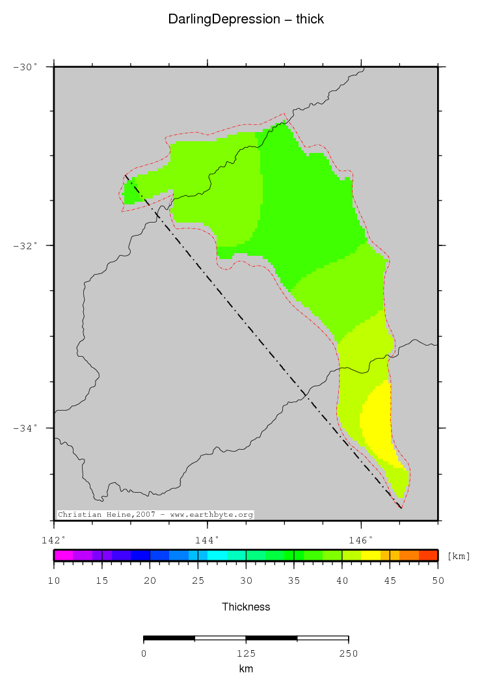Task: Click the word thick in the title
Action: pyautogui.click(x=310, y=20)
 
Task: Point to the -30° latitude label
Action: pyautogui.click(x=27, y=66)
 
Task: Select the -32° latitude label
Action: pyautogui.click(x=27, y=245)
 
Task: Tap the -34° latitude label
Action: pyautogui.click(x=27, y=428)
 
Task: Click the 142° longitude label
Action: pyautogui.click(x=53, y=540)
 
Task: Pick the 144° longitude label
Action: pyautogui.click(x=208, y=540)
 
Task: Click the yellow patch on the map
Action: pyautogui.click(x=375, y=420)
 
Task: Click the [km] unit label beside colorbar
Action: pyautogui.click(x=459, y=556)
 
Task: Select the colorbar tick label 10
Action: pyautogui.click(x=54, y=581)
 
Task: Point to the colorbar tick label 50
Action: pyautogui.click(x=437, y=581)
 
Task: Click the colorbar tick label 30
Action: pyautogui.click(x=246, y=581)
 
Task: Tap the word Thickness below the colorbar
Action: pyautogui.click(x=246, y=607)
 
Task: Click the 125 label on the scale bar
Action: pyautogui.click(x=246, y=653)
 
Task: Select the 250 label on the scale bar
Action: pyautogui.click(x=348, y=653)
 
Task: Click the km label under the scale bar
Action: pyautogui.click(x=246, y=668)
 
